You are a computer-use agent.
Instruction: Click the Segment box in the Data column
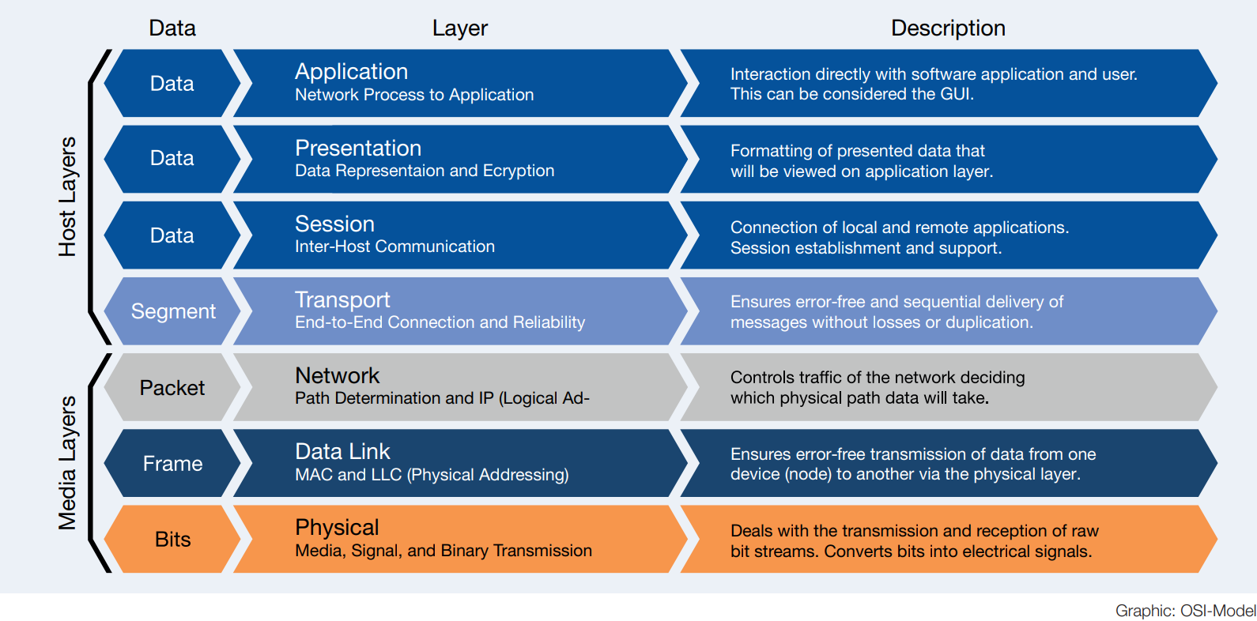click(172, 311)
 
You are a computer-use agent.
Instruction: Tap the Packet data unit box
click(172, 388)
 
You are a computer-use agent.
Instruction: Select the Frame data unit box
click(172, 464)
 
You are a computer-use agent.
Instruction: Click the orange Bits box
click(172, 540)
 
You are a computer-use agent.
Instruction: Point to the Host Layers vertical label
click(68, 197)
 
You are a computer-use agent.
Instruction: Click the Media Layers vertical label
click(68, 462)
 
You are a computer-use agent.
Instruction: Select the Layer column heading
click(459, 28)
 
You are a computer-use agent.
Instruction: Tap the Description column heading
click(947, 28)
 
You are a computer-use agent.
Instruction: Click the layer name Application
click(351, 72)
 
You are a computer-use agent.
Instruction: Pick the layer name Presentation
click(357, 148)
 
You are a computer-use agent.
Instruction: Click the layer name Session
click(334, 224)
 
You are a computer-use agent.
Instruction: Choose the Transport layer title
click(342, 299)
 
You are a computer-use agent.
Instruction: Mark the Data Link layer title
click(342, 451)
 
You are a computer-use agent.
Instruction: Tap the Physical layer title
click(337, 527)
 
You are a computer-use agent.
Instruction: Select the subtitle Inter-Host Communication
click(394, 247)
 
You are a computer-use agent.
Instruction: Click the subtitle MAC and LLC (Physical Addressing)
click(432, 475)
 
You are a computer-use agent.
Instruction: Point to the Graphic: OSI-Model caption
click(1184, 611)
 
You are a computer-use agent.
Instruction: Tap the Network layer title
click(337, 375)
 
